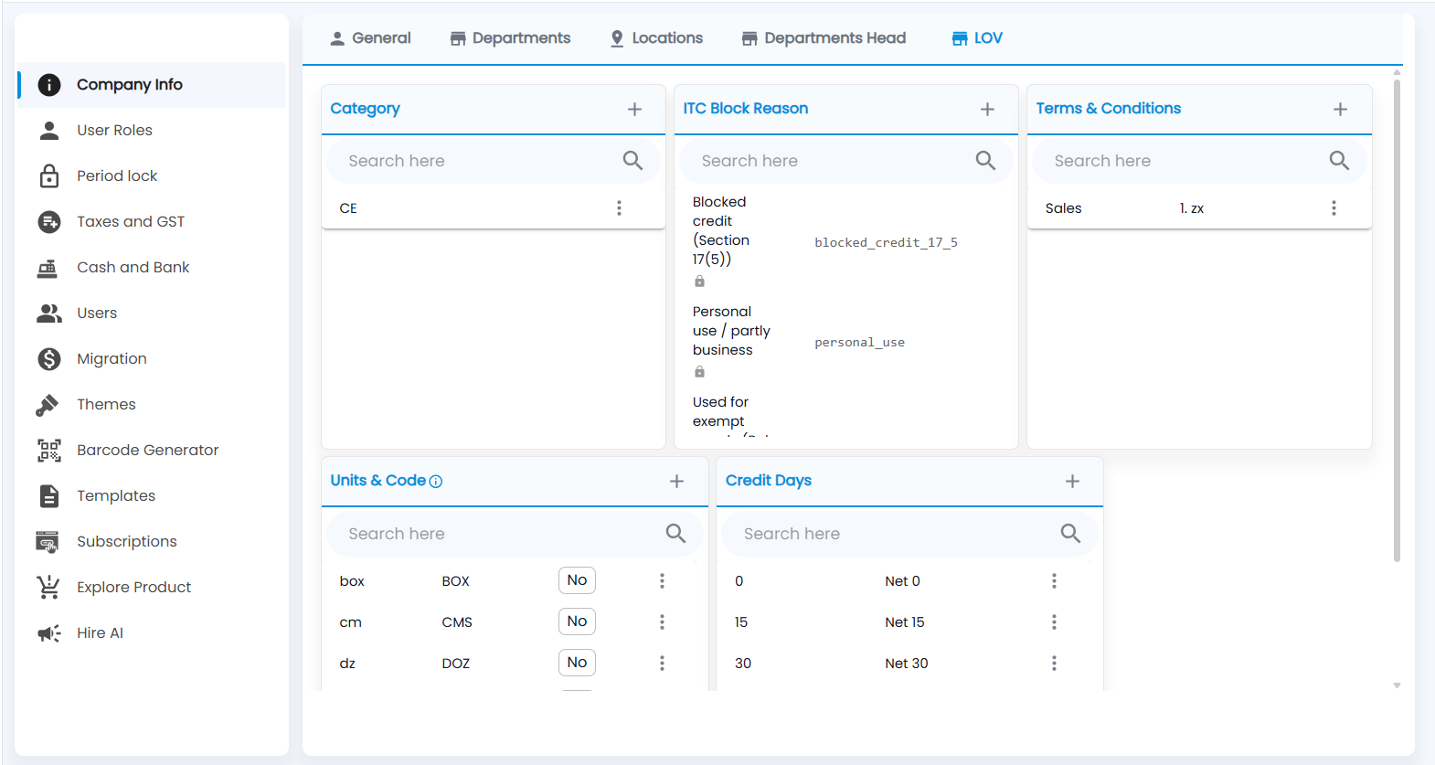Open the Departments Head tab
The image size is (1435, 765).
(824, 38)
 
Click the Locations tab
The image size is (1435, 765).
(656, 38)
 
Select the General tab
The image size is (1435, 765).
(370, 38)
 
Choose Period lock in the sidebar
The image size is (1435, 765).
(117, 175)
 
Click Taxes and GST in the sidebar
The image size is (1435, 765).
(130, 222)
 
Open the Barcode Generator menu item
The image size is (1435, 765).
(147, 451)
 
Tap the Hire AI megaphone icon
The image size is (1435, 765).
(48, 633)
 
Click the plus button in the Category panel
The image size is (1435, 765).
(634, 110)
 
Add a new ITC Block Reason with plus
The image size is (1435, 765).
(987, 110)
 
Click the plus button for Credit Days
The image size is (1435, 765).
(1072, 481)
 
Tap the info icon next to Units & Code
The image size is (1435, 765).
(436, 482)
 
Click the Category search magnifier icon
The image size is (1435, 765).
(632, 160)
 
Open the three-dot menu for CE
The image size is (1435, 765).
(619, 208)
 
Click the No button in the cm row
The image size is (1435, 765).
(577, 622)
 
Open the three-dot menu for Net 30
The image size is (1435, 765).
(1054, 664)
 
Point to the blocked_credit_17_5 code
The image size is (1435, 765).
(886, 242)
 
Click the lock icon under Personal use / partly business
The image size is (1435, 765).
(699, 372)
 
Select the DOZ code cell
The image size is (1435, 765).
(455, 664)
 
